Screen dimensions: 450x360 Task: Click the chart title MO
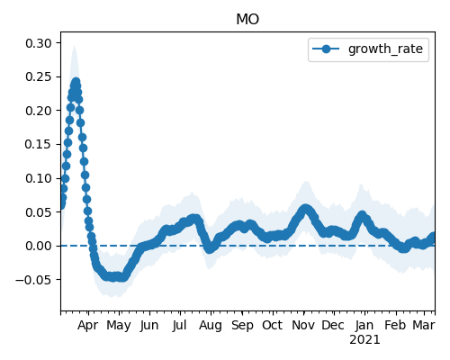[x=247, y=20]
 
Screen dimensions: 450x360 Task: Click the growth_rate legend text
[x=385, y=49]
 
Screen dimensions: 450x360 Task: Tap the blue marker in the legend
[x=326, y=49]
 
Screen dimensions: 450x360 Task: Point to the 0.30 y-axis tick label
[x=39, y=43]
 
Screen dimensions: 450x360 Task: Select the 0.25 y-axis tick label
[x=39, y=76]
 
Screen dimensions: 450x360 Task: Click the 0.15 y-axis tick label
[x=39, y=144]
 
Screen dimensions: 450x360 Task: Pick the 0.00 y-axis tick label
[x=39, y=246]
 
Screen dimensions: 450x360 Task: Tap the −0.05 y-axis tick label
[x=33, y=280]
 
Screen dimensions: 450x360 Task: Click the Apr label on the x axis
[x=87, y=326]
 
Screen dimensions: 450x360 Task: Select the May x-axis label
[x=119, y=326]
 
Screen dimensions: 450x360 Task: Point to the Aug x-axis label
[x=211, y=326]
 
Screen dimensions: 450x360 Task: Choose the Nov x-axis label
[x=303, y=325]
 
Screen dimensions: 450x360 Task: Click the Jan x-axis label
[x=364, y=325]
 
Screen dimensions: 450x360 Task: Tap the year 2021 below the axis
[x=364, y=340]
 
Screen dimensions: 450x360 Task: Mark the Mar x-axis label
[x=424, y=325]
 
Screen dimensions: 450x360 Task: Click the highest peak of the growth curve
[x=76, y=82]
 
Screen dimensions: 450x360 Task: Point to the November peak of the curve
[x=305, y=209]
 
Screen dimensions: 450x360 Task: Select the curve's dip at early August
[x=210, y=248]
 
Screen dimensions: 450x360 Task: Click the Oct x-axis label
[x=272, y=325]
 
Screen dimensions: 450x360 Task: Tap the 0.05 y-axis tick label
[x=39, y=212]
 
